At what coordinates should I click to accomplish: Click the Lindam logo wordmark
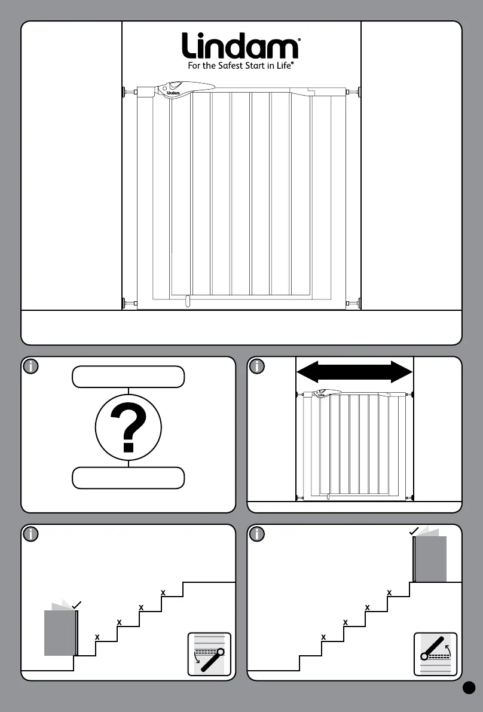(x=241, y=46)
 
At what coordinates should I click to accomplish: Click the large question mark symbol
(x=128, y=427)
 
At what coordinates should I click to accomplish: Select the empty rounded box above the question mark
(x=128, y=377)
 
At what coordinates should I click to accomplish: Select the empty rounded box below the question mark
(x=128, y=478)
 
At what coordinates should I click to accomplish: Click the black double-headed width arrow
(x=354, y=371)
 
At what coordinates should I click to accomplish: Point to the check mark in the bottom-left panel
(x=76, y=606)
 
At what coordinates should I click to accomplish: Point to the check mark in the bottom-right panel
(x=413, y=531)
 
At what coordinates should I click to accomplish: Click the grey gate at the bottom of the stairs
(x=60, y=632)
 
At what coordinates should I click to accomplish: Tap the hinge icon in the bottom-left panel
(x=209, y=653)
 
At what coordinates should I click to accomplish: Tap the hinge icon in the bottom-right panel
(x=435, y=653)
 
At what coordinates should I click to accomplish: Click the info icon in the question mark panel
(x=30, y=366)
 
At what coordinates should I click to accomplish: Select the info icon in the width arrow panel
(x=256, y=366)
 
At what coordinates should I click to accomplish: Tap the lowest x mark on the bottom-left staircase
(x=97, y=637)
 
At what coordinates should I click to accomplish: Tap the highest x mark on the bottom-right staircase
(x=389, y=593)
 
